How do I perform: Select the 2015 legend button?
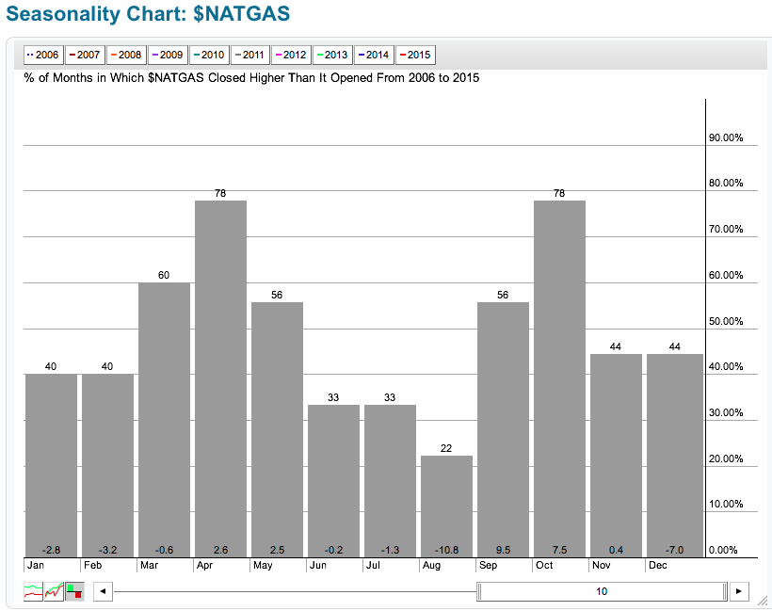click(x=416, y=56)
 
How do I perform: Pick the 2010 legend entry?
click(x=209, y=56)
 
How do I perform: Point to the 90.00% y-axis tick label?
click(x=726, y=137)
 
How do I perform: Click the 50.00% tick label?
click(x=726, y=321)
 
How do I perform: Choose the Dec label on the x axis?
click(x=656, y=566)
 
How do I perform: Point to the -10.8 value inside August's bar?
click(x=446, y=549)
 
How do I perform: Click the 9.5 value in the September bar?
click(x=503, y=549)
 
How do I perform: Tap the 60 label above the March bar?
click(x=164, y=275)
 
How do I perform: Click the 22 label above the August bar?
click(x=446, y=448)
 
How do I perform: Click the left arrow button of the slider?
click(x=103, y=591)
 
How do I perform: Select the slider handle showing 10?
click(x=602, y=591)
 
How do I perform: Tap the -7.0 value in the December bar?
click(x=672, y=549)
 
